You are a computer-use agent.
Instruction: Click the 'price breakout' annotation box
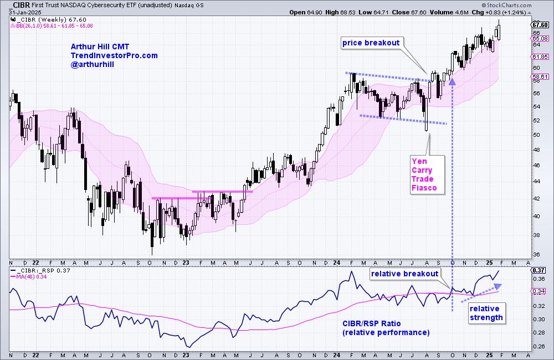(x=371, y=42)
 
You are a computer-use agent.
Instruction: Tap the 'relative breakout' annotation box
(x=405, y=273)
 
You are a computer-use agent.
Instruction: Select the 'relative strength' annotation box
(x=486, y=313)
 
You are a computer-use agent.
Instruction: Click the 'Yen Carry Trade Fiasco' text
(x=424, y=174)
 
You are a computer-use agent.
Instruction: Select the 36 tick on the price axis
(x=536, y=255)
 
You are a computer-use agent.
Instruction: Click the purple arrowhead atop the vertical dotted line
(x=452, y=81)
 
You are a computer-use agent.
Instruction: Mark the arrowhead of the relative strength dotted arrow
(x=497, y=286)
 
